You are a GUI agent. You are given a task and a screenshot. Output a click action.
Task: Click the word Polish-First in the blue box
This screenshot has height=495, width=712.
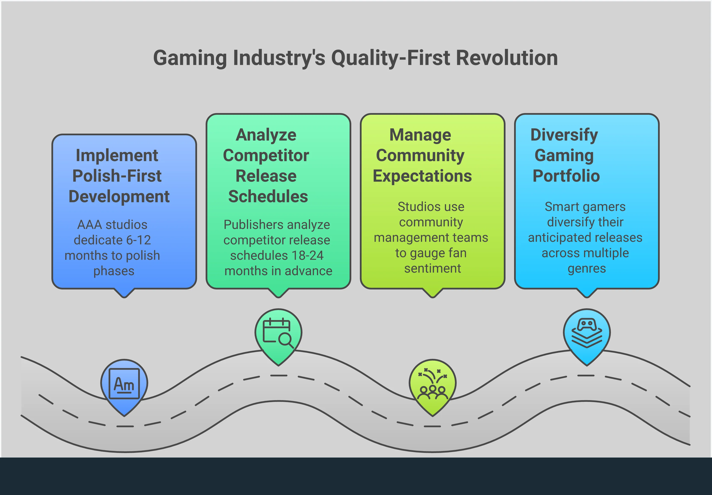coord(117,176)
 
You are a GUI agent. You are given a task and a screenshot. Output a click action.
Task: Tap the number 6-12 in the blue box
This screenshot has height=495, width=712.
coord(138,240)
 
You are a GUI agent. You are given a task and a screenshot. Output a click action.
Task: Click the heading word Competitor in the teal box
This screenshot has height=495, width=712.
coord(266,156)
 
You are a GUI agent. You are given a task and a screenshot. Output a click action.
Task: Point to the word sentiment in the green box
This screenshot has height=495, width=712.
coord(433,268)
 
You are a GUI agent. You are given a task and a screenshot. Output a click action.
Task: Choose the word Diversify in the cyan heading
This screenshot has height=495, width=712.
coord(564,135)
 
